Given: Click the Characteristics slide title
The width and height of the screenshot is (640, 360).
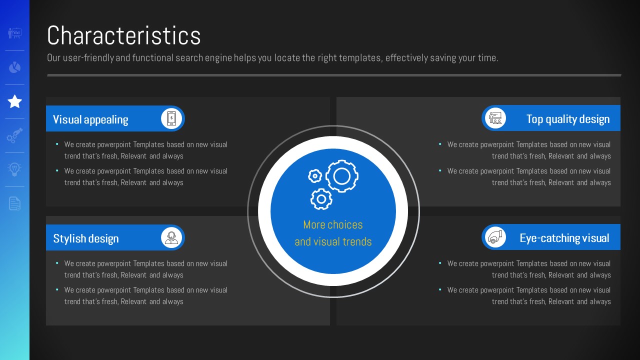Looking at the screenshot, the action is [123, 35].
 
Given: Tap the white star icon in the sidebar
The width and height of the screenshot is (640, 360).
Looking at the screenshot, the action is [14, 101].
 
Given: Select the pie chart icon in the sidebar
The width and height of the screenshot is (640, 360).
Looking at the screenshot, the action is [14, 67].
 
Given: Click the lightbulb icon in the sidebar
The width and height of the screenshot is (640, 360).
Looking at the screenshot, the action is [14, 169].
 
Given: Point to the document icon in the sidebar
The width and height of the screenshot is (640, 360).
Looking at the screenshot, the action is [14, 203].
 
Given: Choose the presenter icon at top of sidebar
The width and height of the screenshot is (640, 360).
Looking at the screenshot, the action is [14, 33].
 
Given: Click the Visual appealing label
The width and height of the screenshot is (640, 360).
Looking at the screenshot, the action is [90, 119].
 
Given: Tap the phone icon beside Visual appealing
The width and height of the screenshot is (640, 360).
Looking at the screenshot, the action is [171, 118].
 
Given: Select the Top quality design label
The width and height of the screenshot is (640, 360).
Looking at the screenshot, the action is [568, 119].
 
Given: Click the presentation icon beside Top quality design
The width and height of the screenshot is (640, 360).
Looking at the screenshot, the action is [495, 118].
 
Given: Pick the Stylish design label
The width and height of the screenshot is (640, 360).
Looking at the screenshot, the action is [86, 238].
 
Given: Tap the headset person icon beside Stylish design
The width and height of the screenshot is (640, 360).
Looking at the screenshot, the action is [171, 237].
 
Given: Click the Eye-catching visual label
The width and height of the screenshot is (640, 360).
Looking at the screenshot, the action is [564, 238].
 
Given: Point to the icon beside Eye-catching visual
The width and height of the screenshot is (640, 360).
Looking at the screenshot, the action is [495, 237].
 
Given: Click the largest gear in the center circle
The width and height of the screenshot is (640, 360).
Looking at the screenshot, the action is [342, 176].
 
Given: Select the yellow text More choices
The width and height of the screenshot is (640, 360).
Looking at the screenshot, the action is [333, 225].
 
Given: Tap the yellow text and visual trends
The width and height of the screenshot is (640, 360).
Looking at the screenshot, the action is [333, 241].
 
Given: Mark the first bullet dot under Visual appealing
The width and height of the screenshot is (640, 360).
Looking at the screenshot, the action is [57, 144].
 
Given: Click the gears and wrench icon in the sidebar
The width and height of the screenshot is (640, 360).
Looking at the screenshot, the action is [14, 135].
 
